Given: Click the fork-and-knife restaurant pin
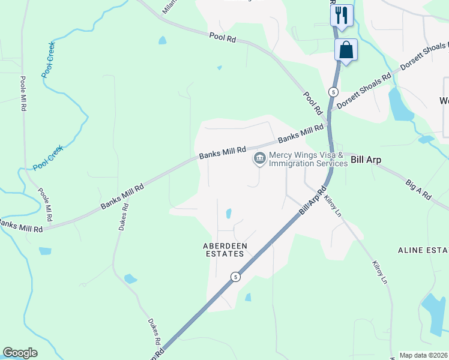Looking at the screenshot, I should tap(342, 15).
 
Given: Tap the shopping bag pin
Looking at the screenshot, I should tap(346, 50).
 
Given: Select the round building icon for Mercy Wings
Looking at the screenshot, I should tap(260, 159).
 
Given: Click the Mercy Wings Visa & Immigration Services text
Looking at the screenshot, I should tap(308, 159).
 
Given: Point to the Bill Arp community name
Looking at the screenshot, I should tap(366, 160).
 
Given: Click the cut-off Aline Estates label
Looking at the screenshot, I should tap(423, 249).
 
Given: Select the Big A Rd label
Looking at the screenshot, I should tap(419, 189).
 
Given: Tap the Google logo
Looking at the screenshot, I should tap(20, 353).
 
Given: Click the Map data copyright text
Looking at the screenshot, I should tap(424, 355).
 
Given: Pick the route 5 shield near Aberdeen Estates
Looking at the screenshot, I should tap(235, 276).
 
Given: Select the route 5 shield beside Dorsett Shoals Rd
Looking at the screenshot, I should tap(333, 92).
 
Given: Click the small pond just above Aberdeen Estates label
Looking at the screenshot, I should tap(228, 214).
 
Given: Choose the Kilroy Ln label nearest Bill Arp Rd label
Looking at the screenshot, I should tap(332, 205).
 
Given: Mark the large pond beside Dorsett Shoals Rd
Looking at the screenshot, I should tap(399, 105).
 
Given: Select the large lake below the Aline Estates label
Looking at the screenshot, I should tap(435, 312).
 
